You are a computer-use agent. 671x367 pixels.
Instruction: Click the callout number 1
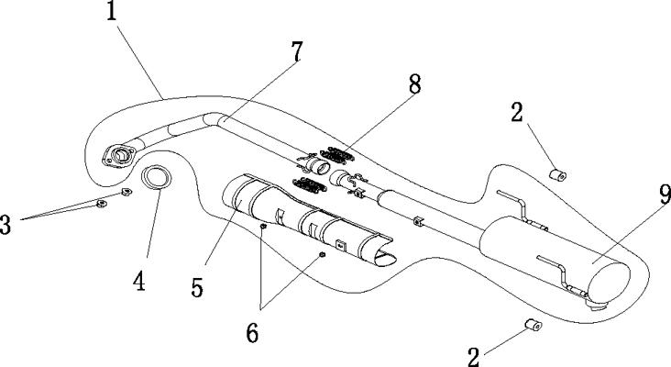[x=111, y=11]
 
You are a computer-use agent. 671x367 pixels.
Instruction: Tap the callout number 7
[x=297, y=51]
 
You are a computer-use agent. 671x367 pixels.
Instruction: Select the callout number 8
[x=414, y=83]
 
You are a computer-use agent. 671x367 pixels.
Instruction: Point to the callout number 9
[x=665, y=195]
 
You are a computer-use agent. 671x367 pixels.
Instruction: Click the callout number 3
[x=5, y=225]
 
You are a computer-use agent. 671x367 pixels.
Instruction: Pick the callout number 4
[x=139, y=282]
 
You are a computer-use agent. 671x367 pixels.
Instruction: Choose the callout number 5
[x=197, y=288]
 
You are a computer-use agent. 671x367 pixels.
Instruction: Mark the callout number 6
[x=252, y=333]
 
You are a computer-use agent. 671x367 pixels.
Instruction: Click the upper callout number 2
[x=517, y=113]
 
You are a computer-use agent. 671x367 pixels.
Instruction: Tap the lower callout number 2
[x=473, y=357]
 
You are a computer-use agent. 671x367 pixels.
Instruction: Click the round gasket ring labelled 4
[x=156, y=176]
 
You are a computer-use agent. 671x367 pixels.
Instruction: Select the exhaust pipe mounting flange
[x=119, y=156]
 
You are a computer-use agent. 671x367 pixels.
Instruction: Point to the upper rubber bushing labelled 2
[x=558, y=174]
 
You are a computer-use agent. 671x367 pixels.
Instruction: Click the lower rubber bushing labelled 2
[x=533, y=325]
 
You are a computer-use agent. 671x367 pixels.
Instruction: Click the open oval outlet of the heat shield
[x=385, y=258]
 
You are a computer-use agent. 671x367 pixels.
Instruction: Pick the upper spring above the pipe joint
[x=337, y=155]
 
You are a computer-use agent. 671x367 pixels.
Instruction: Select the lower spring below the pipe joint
[x=310, y=185]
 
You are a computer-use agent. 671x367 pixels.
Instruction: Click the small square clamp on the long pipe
[x=417, y=221]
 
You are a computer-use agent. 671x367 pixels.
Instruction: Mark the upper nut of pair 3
[x=126, y=192]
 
